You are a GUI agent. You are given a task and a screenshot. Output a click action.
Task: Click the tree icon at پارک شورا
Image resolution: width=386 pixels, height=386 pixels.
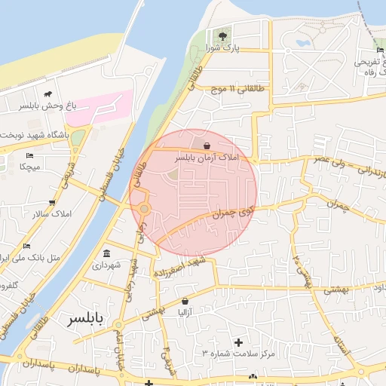[x=222, y=35]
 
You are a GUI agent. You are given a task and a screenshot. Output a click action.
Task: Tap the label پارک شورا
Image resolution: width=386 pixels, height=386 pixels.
[x=222, y=48]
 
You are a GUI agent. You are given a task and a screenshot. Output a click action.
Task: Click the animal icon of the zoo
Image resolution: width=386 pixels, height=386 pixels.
[x=48, y=95]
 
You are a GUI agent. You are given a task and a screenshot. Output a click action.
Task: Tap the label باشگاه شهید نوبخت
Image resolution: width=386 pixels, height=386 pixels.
[x=33, y=134]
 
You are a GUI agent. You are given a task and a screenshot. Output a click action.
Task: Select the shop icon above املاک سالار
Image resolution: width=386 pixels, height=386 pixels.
[x=51, y=202]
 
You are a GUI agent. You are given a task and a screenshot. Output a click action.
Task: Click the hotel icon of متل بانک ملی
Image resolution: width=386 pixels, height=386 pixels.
[x=27, y=246]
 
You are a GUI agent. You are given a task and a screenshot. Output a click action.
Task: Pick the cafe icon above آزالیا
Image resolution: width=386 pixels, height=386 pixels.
[x=185, y=299]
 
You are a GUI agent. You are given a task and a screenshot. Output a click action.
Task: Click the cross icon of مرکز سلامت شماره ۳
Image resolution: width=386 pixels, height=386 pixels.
[x=239, y=342]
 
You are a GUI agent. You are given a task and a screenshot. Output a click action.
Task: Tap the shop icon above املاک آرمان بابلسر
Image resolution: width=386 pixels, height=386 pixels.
[x=207, y=146]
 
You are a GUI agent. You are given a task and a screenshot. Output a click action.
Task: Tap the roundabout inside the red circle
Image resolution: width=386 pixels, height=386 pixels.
[x=143, y=209]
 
